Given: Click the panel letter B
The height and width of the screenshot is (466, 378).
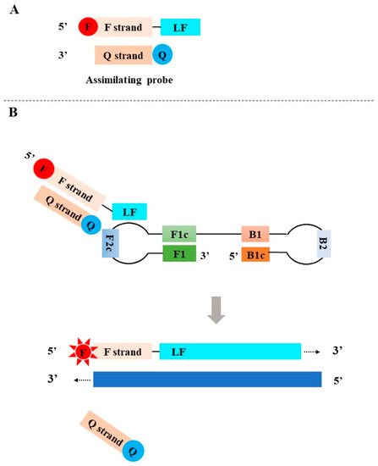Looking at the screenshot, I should point(11,133).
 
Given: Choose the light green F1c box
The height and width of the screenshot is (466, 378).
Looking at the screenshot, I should point(179,232).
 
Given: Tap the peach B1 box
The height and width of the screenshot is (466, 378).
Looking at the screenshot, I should point(256,232).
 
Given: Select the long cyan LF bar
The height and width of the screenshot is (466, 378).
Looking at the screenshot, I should point(229,350).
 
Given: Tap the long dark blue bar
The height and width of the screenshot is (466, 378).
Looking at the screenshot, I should point(206,379).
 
